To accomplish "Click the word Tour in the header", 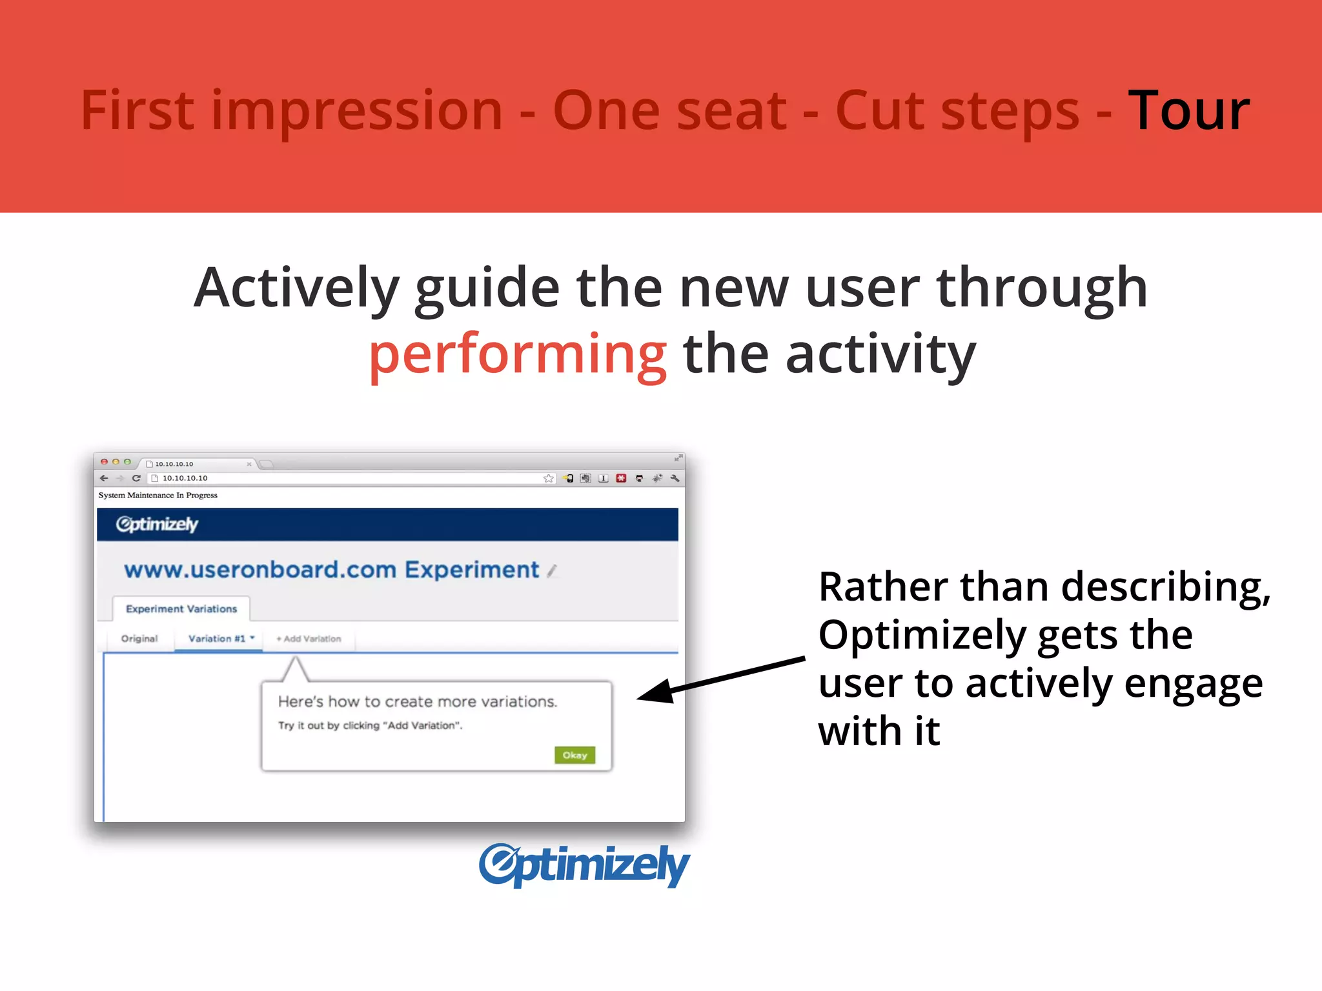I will (1188, 111).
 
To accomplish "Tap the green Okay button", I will (575, 755).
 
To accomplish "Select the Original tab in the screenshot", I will (139, 638).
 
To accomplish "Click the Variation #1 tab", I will (218, 638).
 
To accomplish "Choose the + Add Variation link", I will (309, 639).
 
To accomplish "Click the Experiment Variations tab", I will (181, 608).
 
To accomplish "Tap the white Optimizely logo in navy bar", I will (157, 524).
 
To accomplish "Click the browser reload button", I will (136, 478).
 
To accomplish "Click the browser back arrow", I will (105, 478).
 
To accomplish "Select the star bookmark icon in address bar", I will (548, 478).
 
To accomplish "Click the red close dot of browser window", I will (104, 462).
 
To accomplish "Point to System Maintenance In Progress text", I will (158, 495).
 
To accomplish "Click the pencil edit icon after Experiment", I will (551, 571).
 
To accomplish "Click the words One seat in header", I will (669, 111).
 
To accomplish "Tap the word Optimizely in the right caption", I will (921, 635).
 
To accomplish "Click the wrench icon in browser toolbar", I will (675, 478).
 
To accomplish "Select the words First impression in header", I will (291, 111).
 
